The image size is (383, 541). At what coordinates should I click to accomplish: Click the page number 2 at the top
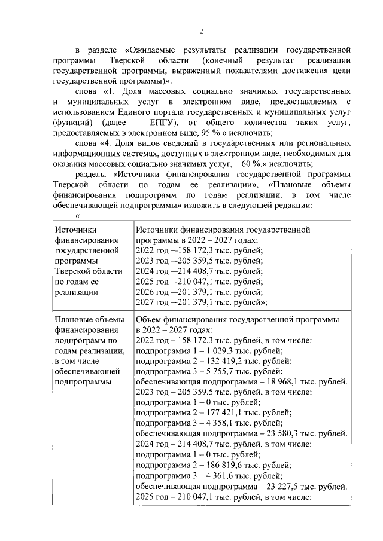202,31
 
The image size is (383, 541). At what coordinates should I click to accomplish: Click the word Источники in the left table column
75,230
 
